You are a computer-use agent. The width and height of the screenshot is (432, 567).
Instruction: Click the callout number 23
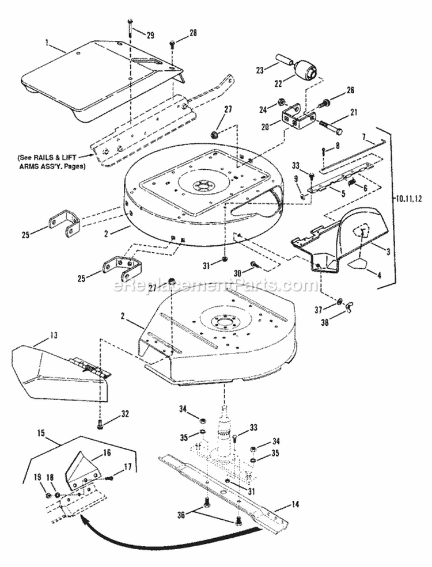tap(259, 70)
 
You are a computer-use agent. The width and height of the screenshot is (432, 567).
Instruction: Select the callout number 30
tap(236, 273)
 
